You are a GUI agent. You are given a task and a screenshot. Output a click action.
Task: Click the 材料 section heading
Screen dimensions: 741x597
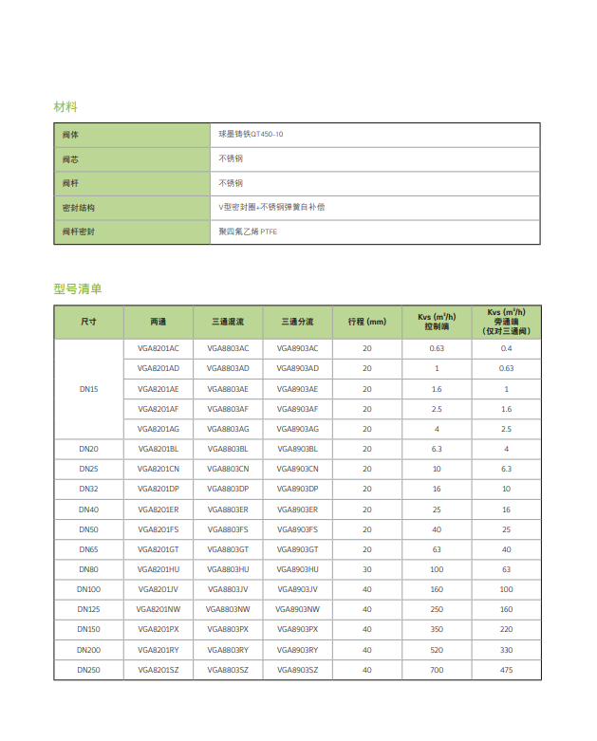click(65, 106)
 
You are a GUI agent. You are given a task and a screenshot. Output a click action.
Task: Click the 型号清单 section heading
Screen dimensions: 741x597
click(78, 288)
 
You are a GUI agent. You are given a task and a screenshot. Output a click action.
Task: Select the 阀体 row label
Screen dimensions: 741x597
click(71, 135)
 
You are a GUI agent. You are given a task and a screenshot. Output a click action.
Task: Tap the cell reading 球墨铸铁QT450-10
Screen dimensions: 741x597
click(251, 135)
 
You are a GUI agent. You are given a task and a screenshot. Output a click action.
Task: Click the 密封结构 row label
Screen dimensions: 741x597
click(79, 207)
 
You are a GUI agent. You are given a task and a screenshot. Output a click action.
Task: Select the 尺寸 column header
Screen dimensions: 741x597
click(88, 323)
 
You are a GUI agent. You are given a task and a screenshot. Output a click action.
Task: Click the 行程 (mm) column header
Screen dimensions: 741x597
click(367, 323)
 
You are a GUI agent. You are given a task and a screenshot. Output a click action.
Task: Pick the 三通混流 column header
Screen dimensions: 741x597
click(228, 323)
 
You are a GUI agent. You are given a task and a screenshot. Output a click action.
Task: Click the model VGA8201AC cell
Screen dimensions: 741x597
click(159, 348)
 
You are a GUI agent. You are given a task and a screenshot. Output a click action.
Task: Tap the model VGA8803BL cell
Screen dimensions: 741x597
click(228, 448)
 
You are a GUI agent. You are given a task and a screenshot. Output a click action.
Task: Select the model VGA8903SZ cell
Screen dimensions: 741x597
click(298, 670)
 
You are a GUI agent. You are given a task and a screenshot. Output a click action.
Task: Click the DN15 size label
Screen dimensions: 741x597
click(88, 389)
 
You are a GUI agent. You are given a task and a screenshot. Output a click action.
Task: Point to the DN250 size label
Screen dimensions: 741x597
click(88, 670)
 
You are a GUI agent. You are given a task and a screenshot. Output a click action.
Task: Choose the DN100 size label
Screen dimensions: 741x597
click(88, 589)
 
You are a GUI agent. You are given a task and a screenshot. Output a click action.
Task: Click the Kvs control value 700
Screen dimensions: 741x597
click(437, 670)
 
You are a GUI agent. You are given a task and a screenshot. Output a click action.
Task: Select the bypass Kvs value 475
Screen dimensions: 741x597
click(506, 670)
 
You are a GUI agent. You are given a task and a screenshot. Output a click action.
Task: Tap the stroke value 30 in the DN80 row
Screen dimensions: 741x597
click(367, 569)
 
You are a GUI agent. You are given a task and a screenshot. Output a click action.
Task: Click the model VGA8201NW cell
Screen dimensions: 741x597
click(159, 609)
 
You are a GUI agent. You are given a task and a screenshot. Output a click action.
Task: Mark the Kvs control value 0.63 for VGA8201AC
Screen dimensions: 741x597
click(437, 348)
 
